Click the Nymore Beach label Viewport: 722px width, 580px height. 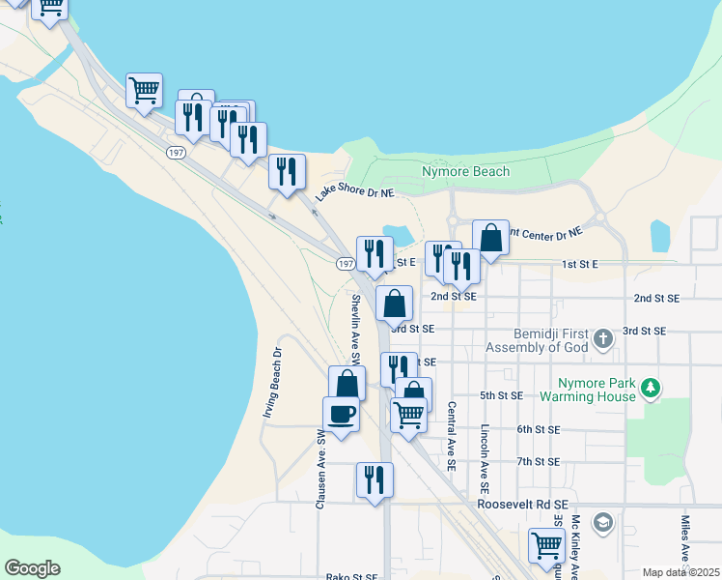pos(465,172)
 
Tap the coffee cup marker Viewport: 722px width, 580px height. pos(341,416)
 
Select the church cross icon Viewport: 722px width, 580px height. pos(603,338)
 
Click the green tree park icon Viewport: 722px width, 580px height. pos(652,388)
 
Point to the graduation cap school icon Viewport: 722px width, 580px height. pos(603,522)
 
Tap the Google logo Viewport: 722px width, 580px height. pos(32,568)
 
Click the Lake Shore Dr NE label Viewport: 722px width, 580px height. pos(355,192)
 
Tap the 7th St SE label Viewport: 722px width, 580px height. pos(538,462)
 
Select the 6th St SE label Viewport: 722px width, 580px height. pos(539,429)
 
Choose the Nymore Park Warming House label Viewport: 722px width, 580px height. pos(588,389)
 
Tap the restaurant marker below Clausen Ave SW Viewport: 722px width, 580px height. pos(374,478)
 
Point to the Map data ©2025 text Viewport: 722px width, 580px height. pos(680,572)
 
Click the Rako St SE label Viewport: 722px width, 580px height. pos(351,577)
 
